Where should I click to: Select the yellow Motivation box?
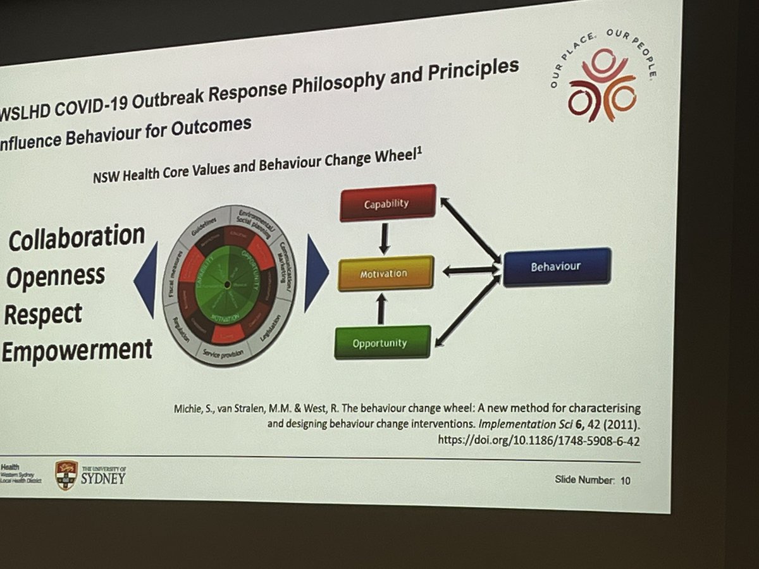click(386, 273)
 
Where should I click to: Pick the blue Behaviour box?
click(557, 266)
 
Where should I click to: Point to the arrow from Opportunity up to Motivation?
click(381, 309)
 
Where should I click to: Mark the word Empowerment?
click(77, 349)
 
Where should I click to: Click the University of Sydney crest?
click(66, 475)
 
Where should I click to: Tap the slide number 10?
click(625, 480)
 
